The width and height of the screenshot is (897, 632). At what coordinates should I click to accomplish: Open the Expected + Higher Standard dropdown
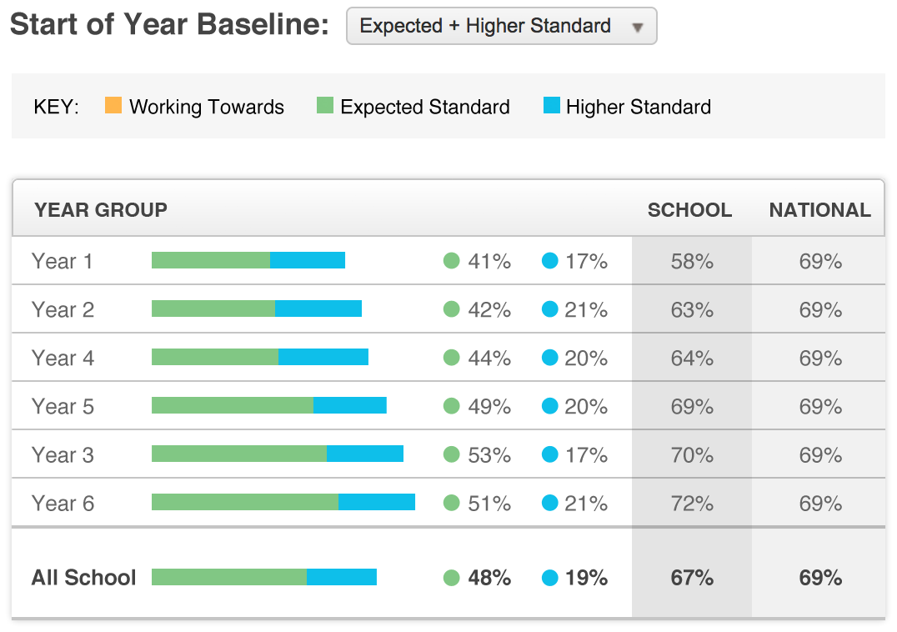pos(501,26)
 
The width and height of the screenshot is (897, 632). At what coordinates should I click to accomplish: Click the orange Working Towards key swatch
pos(113,106)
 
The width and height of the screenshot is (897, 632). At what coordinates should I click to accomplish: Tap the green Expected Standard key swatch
pos(325,106)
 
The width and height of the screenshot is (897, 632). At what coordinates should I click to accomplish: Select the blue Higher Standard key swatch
pos(551,106)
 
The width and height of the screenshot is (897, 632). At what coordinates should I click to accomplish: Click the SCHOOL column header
pos(689,210)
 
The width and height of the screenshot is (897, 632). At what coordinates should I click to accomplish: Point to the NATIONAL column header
pos(819,210)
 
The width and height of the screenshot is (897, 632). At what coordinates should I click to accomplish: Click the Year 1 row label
pos(63,261)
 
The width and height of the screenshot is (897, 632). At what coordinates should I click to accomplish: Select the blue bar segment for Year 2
pos(318,308)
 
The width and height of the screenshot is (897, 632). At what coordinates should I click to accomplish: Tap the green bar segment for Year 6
pos(245,502)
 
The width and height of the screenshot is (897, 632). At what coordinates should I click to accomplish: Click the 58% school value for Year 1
pos(692,261)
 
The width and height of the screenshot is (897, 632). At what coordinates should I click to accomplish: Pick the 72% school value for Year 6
pos(692,503)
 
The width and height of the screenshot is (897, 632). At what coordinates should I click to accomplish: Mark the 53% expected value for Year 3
pos(489,455)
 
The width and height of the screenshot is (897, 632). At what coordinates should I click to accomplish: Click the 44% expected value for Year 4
pos(489,359)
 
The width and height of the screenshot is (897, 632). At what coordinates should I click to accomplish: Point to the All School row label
pos(83,577)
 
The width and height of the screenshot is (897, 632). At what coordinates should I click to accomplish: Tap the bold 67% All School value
pos(692,578)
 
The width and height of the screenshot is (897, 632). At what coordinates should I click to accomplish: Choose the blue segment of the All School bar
pos(342,577)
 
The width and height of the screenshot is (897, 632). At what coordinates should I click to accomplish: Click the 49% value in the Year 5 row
pos(489,407)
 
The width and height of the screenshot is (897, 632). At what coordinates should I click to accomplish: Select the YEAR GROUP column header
pos(101,210)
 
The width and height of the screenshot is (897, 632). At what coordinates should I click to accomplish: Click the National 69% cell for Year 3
pos(820,455)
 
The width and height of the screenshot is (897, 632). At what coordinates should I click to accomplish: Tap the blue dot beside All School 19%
pos(549,577)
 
